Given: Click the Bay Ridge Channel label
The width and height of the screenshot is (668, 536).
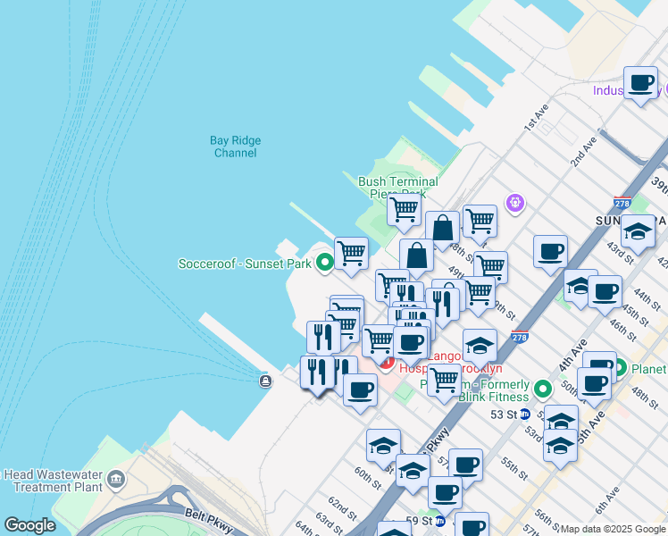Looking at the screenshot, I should point(235,147).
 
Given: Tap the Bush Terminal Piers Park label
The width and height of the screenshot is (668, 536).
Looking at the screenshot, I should point(397,187).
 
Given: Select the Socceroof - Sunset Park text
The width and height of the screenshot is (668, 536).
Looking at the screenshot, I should point(245,264).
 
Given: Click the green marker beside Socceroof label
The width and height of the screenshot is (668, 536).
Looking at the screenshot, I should point(324,263).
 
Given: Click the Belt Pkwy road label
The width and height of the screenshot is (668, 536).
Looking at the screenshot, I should point(207,515).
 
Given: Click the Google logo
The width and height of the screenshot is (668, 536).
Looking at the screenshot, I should point(29,525).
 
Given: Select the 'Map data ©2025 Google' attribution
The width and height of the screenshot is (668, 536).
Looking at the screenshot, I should point(613,529).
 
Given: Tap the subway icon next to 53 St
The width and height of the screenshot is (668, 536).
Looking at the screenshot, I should point(526,415).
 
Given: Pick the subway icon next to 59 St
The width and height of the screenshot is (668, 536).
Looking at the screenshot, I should point(439,521).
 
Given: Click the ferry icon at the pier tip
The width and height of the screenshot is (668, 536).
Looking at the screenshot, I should point(265,381).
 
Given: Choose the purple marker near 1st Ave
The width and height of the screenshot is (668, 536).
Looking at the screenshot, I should point(514,204).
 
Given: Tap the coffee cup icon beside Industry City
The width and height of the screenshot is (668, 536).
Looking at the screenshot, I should point(640,84).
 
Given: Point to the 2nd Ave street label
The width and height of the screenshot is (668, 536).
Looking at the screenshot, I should point(584,152).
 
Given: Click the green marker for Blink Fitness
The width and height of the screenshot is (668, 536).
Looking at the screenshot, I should point(542,389).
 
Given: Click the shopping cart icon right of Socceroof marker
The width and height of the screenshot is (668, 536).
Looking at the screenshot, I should point(351,254).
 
